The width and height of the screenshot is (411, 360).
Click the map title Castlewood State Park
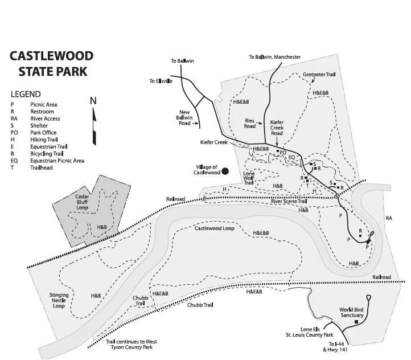tap(51, 64)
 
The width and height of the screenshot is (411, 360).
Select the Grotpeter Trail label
tap(319, 75)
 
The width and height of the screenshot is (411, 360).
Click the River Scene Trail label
tap(289, 201)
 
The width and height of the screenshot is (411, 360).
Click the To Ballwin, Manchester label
tap(274, 57)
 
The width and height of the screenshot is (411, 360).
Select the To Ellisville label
tap(161, 81)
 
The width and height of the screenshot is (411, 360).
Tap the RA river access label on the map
tap(389, 218)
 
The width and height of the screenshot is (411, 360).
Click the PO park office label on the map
tap(283, 152)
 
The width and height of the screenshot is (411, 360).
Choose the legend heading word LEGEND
tap(26, 94)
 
